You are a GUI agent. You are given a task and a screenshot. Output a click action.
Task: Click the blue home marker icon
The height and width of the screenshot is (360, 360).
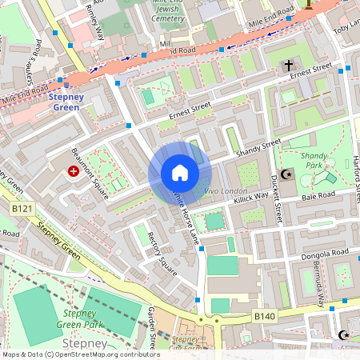point(180,173)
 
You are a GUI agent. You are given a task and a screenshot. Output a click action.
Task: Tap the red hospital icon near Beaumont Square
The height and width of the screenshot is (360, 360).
point(74,171)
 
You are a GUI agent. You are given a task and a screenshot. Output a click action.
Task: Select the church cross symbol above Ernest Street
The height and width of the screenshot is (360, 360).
point(289,67)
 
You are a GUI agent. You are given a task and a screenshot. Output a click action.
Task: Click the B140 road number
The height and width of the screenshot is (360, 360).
point(265,317)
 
